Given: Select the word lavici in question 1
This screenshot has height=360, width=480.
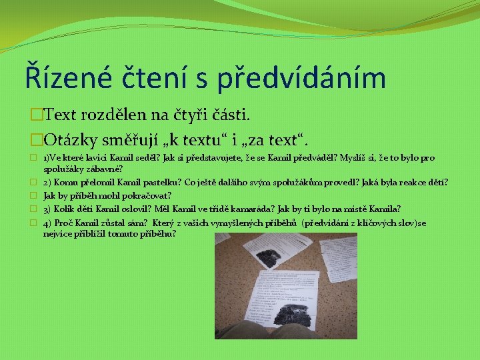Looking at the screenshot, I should [x=97, y=158].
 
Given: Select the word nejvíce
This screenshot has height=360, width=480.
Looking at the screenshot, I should [x=56, y=233].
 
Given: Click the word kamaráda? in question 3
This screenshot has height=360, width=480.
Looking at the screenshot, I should [x=243, y=209].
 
